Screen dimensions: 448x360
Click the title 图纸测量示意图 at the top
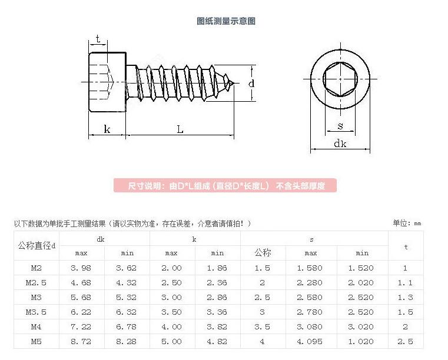(x=226, y=21)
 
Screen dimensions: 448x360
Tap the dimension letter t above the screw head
(x=98, y=39)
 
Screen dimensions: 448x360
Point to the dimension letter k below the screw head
(x=107, y=129)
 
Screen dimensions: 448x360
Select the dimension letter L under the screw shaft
(x=180, y=129)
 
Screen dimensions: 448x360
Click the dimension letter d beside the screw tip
(x=251, y=84)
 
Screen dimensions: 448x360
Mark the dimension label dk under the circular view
(x=340, y=144)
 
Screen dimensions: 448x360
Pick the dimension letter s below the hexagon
(x=340, y=125)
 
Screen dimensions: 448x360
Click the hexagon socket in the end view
(x=340, y=78)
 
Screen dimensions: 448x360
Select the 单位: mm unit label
(x=407, y=224)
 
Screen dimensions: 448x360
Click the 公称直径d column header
(x=36, y=245)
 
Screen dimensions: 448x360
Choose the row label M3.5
(x=36, y=312)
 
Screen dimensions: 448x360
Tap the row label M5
(x=36, y=341)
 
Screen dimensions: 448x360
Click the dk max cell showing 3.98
(x=81, y=268)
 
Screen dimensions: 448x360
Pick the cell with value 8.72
(x=81, y=341)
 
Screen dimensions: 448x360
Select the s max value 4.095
(x=311, y=341)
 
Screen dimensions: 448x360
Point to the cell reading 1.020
(x=362, y=341)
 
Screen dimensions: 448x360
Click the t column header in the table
(x=406, y=246)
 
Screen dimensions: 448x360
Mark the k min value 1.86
(x=217, y=268)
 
